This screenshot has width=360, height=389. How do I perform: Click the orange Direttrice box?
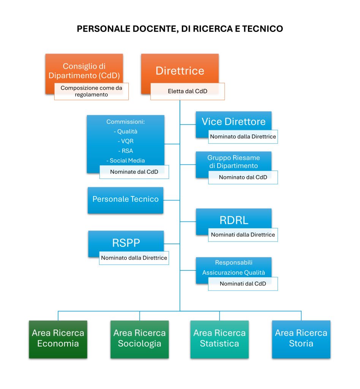click(180, 70)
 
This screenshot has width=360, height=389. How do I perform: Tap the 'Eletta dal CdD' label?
click(187, 92)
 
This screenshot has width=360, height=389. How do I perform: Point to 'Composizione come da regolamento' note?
click(91, 92)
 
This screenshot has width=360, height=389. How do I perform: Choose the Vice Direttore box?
click(234, 122)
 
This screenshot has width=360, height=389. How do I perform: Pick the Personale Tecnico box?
click(125, 199)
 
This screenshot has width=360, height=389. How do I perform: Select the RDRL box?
click(234, 220)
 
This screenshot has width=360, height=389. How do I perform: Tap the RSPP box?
click(126, 242)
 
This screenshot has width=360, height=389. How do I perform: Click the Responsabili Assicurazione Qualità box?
click(234, 267)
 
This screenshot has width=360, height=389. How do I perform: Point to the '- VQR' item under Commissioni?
click(126, 141)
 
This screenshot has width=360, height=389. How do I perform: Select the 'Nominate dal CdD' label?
click(134, 172)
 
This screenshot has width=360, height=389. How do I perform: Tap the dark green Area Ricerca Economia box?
click(58, 338)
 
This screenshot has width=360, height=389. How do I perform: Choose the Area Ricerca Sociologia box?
click(139, 338)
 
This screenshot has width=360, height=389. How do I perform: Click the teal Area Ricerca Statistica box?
click(219, 338)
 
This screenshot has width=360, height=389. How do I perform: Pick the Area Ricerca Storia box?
click(301, 338)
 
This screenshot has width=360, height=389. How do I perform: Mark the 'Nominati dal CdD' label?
click(243, 283)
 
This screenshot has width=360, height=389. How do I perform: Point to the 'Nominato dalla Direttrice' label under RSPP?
click(134, 258)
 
